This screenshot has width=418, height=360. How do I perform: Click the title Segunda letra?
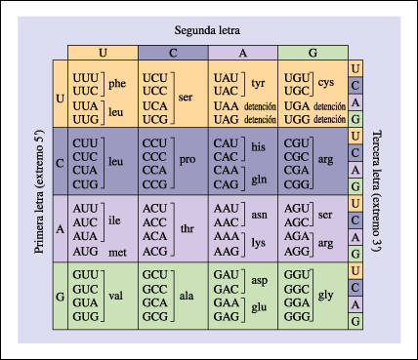click(208, 32)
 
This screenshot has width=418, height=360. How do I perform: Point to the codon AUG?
click(86, 252)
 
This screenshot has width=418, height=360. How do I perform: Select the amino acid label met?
click(117, 252)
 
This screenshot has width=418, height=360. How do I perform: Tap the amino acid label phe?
click(118, 83)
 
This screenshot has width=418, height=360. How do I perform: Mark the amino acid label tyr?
click(259, 83)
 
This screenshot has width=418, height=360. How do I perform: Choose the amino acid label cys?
click(327, 83)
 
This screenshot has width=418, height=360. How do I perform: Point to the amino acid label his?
click(258, 146)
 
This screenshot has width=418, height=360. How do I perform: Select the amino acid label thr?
click(188, 229)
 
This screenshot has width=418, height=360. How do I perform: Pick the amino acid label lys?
click(259, 242)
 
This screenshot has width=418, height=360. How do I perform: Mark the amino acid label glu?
click(259, 311)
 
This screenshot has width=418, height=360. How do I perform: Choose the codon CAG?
click(224, 183)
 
